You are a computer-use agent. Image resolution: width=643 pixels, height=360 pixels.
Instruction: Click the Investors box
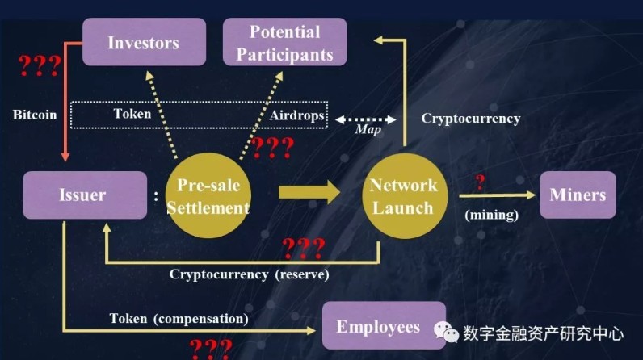[x=144, y=42]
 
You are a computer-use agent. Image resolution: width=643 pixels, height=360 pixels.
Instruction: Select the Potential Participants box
[x=284, y=42]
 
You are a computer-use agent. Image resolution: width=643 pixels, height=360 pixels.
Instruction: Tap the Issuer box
[x=85, y=195]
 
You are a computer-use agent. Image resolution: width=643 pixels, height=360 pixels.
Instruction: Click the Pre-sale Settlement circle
[x=208, y=195]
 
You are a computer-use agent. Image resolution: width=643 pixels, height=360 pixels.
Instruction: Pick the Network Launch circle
[x=405, y=196]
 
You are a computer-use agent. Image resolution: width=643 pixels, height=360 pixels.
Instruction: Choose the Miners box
[x=578, y=195]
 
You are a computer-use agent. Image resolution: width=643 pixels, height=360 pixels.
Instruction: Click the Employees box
[x=384, y=325]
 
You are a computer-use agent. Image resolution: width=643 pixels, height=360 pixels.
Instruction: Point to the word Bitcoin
[x=35, y=115]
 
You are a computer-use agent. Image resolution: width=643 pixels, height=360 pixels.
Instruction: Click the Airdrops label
[x=297, y=115]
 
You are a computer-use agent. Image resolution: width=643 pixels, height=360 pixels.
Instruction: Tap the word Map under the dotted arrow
[x=368, y=129]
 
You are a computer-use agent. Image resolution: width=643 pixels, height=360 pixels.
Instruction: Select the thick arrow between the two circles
[x=309, y=192]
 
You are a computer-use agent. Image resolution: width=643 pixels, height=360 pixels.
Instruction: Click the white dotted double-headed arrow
[x=366, y=119]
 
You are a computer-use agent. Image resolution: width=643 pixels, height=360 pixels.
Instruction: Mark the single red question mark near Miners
[x=480, y=182]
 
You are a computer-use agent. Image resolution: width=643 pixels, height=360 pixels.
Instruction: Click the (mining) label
[x=492, y=215]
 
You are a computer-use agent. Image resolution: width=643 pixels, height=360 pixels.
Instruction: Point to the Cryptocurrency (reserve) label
[x=250, y=274]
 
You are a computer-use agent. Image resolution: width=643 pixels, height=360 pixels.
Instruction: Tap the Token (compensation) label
[x=179, y=318]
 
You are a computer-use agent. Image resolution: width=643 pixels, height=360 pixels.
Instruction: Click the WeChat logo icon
[x=446, y=332]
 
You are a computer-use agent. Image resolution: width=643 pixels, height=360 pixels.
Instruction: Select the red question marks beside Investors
[x=40, y=65]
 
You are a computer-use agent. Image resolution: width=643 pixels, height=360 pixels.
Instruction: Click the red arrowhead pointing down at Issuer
[x=65, y=157]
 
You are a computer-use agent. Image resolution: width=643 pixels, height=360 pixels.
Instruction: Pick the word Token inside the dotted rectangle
[x=132, y=114]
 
